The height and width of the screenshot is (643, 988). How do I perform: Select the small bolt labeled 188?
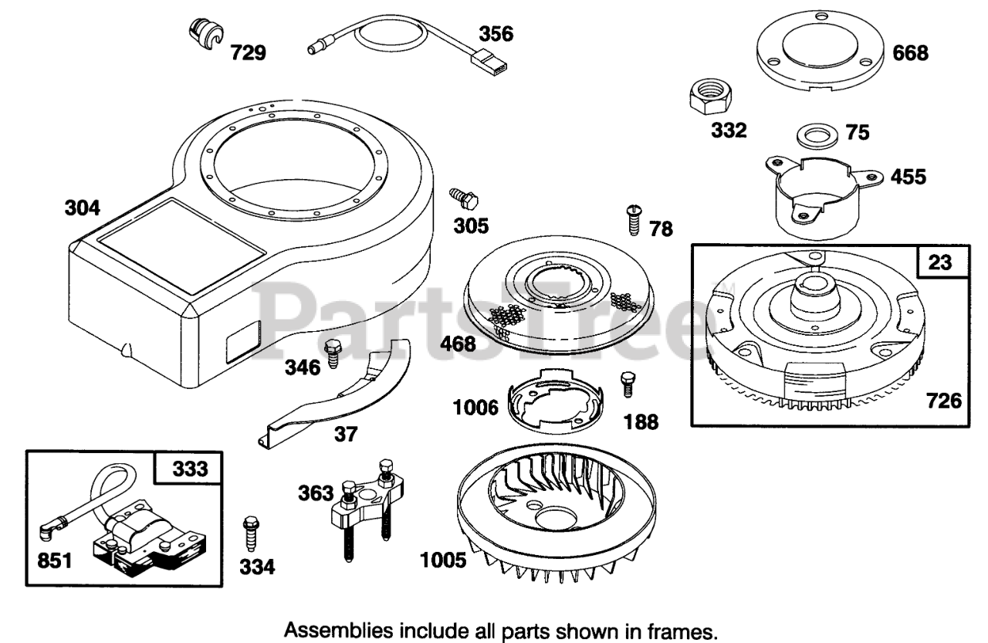pyautogui.click(x=627, y=384)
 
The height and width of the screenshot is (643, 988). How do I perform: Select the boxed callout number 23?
pyautogui.click(x=939, y=262)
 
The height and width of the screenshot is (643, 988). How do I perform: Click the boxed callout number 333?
pyautogui.click(x=189, y=468)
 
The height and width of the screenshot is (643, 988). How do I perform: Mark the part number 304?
pyautogui.click(x=82, y=208)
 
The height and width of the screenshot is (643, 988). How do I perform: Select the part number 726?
pyautogui.click(x=944, y=401)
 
